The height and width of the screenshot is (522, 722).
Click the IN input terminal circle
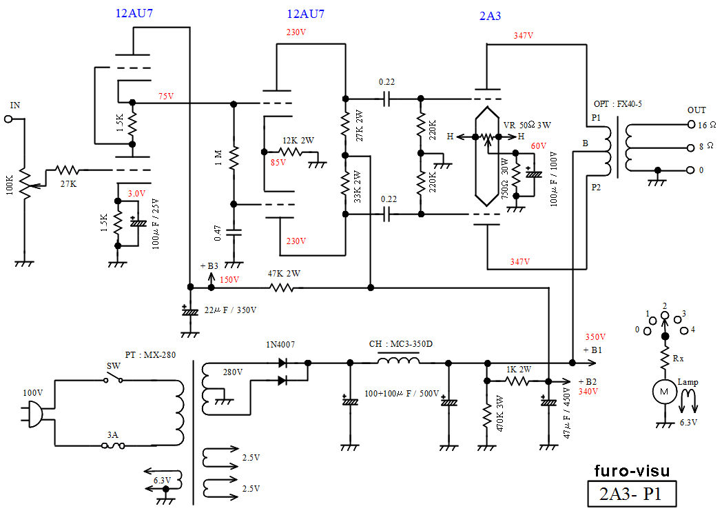(x=9, y=119)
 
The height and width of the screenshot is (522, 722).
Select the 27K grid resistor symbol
(x=68, y=169)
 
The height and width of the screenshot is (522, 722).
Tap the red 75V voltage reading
(x=166, y=96)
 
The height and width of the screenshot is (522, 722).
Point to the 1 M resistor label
(x=218, y=160)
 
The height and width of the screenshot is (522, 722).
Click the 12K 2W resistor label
(x=298, y=140)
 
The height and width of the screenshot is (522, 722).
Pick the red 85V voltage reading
(x=278, y=163)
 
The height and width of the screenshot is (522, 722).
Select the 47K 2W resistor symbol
(x=282, y=286)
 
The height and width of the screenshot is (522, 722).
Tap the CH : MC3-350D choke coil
(x=399, y=361)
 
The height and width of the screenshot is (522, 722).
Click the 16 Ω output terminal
(x=690, y=125)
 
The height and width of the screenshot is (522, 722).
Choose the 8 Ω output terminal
(x=690, y=147)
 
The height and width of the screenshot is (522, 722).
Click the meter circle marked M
(x=664, y=391)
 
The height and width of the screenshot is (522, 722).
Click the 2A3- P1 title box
(x=631, y=494)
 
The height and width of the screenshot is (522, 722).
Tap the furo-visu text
(x=631, y=472)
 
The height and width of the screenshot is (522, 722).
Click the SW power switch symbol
(x=113, y=378)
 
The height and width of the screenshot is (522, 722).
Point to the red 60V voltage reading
(x=538, y=145)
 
